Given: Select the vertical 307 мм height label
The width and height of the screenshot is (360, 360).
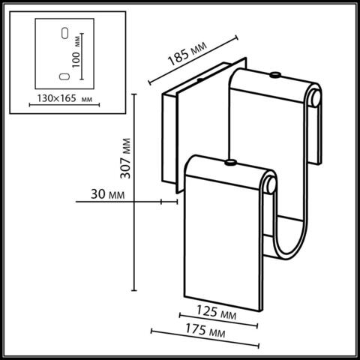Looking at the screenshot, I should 125,159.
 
